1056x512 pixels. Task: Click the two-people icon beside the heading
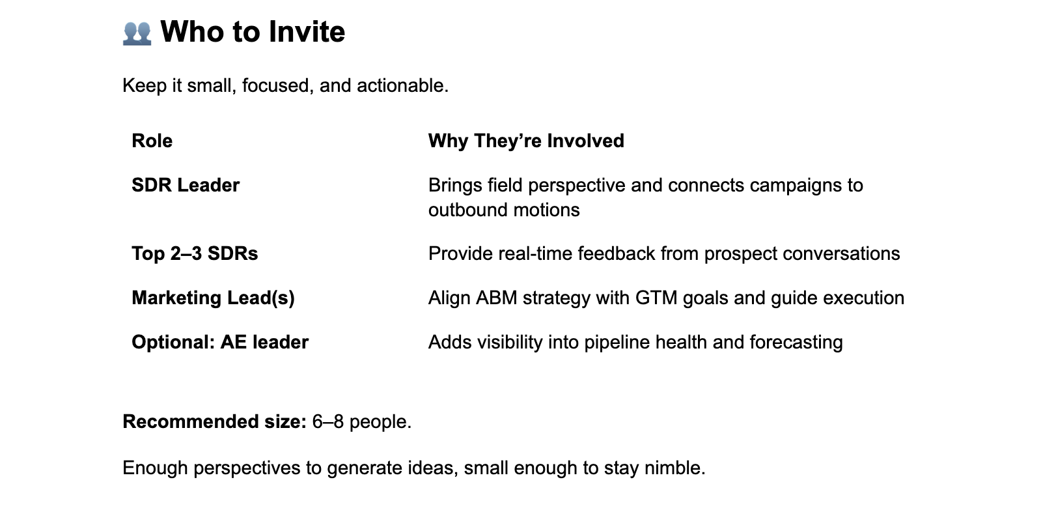(x=137, y=33)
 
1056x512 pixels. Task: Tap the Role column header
(x=152, y=141)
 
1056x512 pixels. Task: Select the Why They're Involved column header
(x=526, y=141)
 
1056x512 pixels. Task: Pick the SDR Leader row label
(x=186, y=186)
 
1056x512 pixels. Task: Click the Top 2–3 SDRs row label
(x=195, y=254)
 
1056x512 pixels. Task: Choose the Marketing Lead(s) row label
(x=213, y=298)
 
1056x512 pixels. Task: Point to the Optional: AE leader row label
(x=220, y=343)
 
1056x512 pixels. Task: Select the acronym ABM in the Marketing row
(x=496, y=298)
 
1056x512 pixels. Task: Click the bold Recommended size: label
(x=214, y=422)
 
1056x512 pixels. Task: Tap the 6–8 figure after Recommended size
(x=327, y=422)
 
